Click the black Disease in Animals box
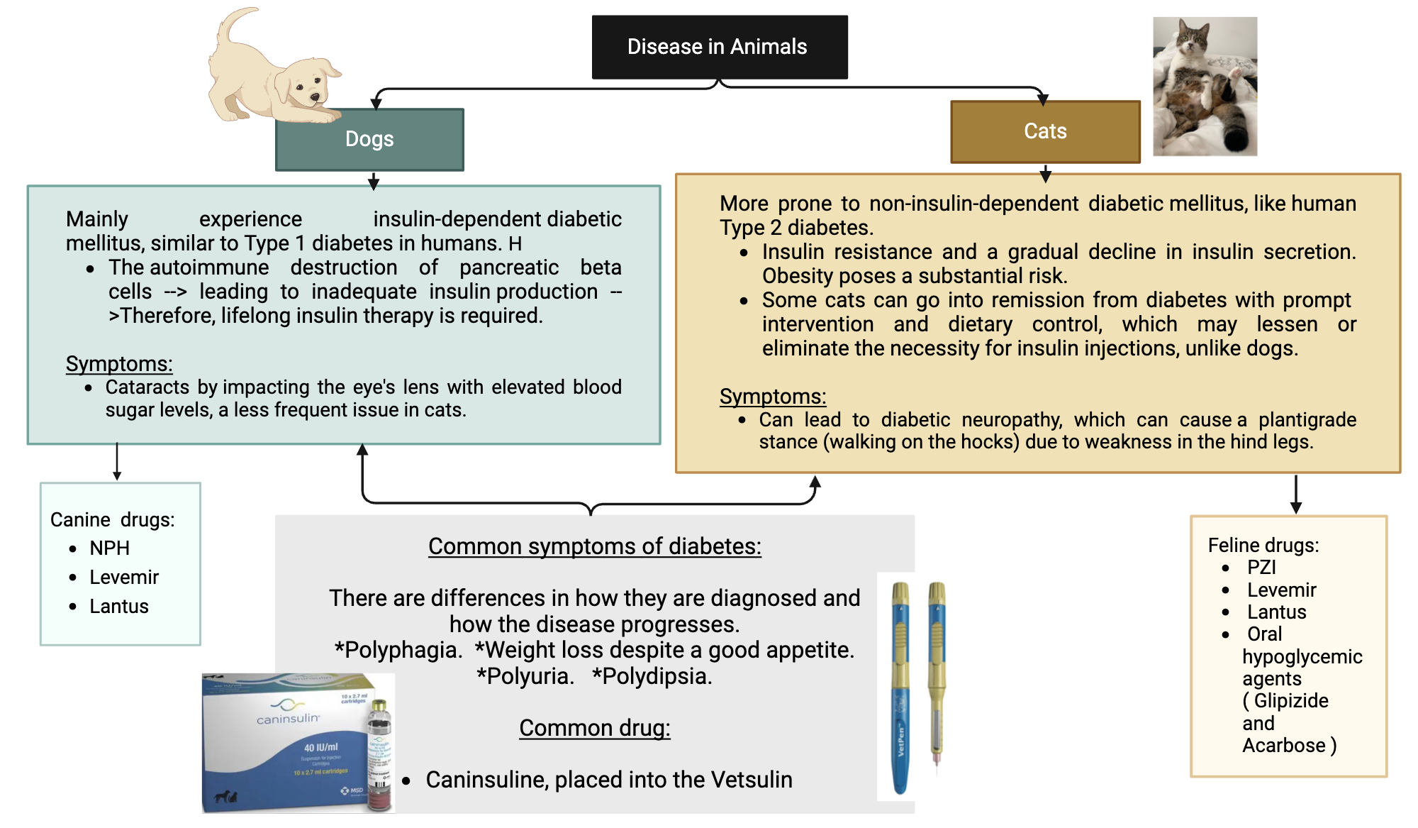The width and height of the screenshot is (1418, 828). [x=719, y=47]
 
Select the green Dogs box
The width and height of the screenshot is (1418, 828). [x=369, y=139]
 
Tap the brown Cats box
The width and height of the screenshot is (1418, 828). [x=1045, y=131]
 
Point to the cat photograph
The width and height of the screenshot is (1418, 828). [x=1205, y=87]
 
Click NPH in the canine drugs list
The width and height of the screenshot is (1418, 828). [x=109, y=548]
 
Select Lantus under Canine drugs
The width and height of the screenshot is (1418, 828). [x=118, y=607]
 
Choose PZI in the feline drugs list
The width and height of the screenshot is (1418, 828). [x=1261, y=568]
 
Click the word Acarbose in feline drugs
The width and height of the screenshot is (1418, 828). [x=1283, y=746]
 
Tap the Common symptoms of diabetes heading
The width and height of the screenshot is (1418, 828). [x=594, y=546]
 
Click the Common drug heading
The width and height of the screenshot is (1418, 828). [x=594, y=728]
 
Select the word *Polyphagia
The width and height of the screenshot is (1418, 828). [x=398, y=650]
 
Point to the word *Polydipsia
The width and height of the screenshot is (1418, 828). [x=652, y=676]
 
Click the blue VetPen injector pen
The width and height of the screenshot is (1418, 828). [x=900, y=688]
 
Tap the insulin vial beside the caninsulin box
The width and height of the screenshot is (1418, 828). [x=380, y=756]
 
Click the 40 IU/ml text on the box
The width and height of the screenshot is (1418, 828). [x=320, y=747]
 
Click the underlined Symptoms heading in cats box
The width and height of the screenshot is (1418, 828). [x=772, y=397]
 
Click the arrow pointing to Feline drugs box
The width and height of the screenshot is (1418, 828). [x=1295, y=495]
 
